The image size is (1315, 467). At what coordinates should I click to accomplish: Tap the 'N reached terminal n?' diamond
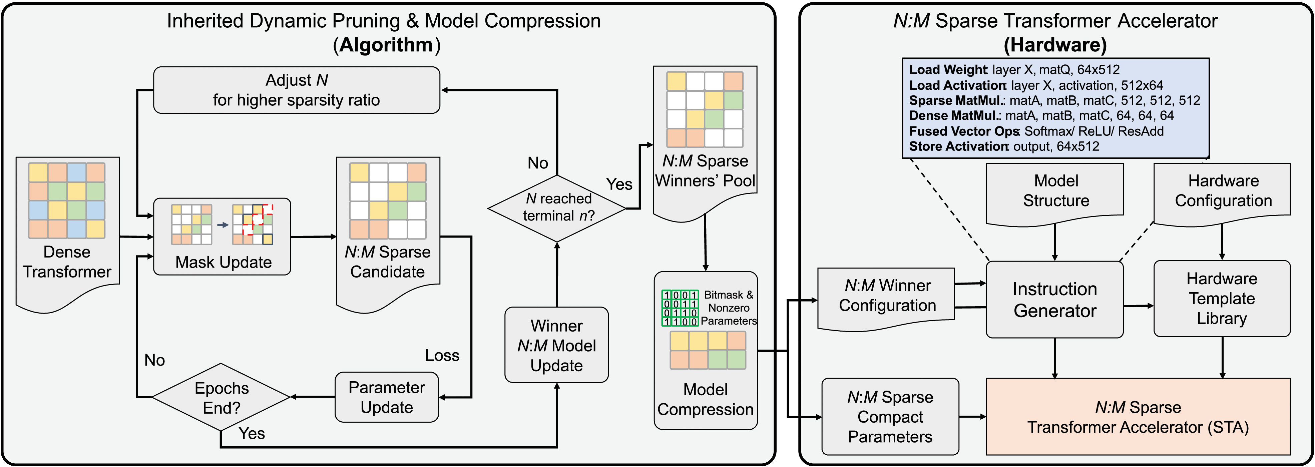(x=557, y=208)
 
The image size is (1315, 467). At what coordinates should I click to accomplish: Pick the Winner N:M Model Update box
(x=556, y=345)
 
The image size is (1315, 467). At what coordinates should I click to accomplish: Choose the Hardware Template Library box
(x=1222, y=299)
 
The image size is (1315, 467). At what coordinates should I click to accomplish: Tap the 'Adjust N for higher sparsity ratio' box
(x=297, y=90)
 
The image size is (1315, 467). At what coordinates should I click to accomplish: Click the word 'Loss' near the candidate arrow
(x=442, y=355)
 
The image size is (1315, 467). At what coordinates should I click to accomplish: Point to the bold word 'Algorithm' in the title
(x=386, y=45)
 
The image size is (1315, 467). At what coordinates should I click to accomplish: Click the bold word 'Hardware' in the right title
(x=1055, y=45)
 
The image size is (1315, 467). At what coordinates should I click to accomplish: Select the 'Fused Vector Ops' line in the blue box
(x=1036, y=131)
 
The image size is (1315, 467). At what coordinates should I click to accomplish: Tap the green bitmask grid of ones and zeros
(x=680, y=308)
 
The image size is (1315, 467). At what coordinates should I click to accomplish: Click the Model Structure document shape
(x=1055, y=192)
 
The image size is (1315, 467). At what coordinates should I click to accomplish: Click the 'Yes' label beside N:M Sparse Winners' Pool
(x=619, y=184)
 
